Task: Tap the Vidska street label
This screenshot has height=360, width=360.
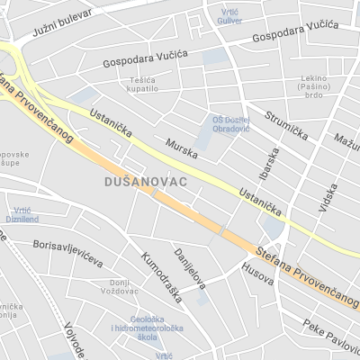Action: click(328, 198)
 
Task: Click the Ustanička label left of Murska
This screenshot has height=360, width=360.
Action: click(112, 124)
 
